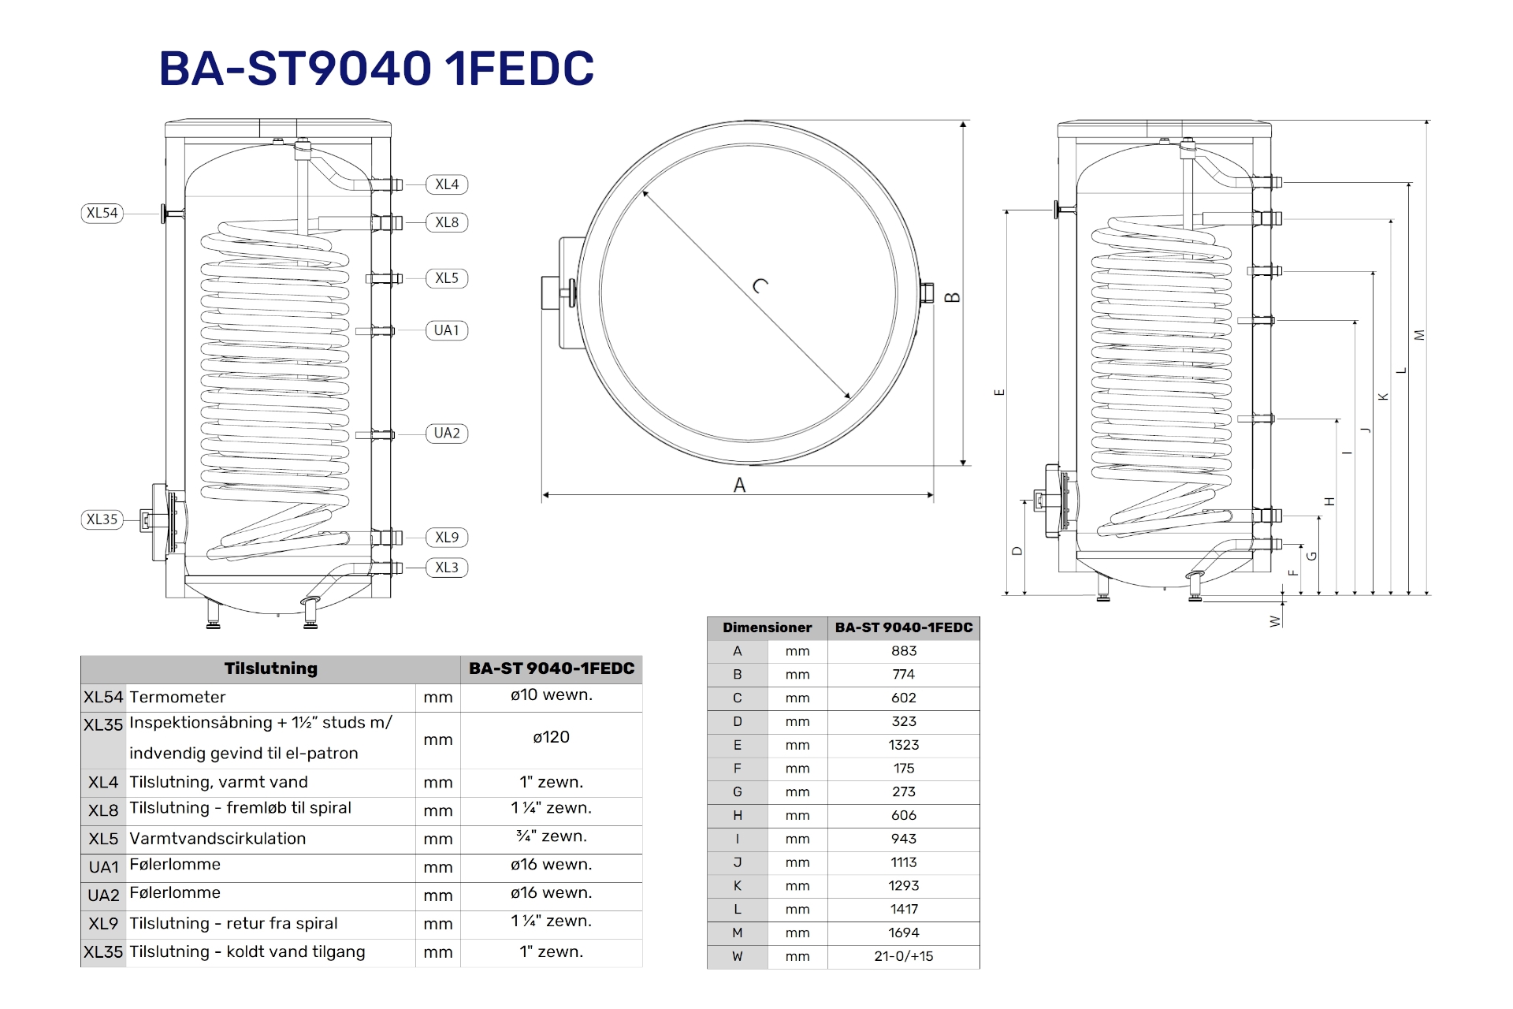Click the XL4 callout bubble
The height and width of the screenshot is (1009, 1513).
[x=447, y=184]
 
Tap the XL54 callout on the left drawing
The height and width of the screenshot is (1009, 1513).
[x=102, y=213]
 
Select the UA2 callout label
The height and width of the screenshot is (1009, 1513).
[x=447, y=434]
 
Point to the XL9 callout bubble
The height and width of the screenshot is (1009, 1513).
[x=447, y=538]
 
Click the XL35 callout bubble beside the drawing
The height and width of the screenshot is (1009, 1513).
[x=102, y=519]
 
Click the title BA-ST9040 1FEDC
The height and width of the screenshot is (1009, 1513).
[x=377, y=69]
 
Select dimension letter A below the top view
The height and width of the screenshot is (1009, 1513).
[x=739, y=486]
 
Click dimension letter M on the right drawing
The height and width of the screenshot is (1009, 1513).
[x=1420, y=335]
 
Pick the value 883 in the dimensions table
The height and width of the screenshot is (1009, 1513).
[x=904, y=651]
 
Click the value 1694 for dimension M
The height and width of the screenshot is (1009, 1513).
[x=904, y=933]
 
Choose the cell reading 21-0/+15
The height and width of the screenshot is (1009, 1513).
[x=904, y=956]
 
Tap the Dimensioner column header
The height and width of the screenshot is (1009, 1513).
[x=767, y=627]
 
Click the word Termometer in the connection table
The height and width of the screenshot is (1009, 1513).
[x=177, y=697]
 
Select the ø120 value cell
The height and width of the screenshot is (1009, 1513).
[x=551, y=737]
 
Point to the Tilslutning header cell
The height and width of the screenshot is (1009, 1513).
[x=270, y=668]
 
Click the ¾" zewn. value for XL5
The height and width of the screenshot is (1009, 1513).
[x=551, y=836]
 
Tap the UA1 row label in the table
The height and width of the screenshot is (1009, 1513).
[x=103, y=867]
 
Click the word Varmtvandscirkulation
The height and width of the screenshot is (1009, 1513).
[x=217, y=839]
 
